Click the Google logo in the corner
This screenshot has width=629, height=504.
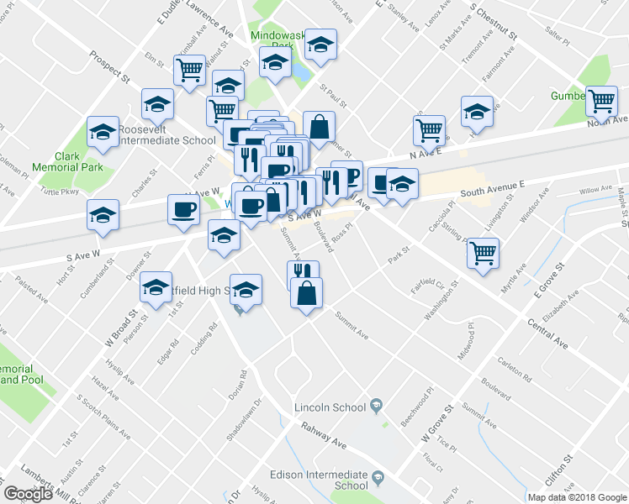(x=28, y=494)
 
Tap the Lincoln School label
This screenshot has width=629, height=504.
(x=330, y=408)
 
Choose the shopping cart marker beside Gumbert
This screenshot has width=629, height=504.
(x=602, y=102)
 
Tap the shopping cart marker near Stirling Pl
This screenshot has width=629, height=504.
(x=483, y=252)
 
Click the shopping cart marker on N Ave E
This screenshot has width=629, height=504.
(x=429, y=130)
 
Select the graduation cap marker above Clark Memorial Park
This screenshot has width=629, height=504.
(x=103, y=132)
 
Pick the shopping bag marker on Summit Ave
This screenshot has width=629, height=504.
(x=309, y=293)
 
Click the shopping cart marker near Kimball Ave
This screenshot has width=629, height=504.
(x=190, y=70)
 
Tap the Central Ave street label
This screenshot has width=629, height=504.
(x=547, y=330)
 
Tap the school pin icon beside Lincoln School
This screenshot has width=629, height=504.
(x=378, y=407)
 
